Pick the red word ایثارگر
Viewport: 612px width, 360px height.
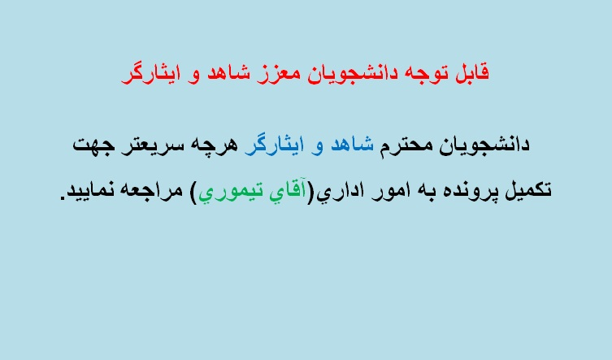tap(150, 73)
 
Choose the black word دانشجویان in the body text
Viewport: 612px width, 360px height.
tap(484, 145)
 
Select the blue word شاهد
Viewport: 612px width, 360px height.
tap(352, 145)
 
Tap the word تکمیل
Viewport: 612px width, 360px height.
tap(528, 190)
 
